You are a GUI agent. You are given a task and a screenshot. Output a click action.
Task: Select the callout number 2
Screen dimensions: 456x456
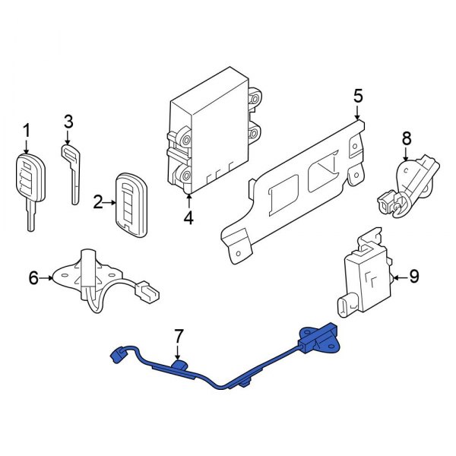tap(98, 202)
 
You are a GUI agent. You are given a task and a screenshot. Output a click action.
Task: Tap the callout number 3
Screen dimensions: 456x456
tap(68, 121)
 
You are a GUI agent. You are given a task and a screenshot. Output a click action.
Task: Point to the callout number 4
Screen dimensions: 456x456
tap(188, 218)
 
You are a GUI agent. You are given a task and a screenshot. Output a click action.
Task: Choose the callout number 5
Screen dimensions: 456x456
tap(359, 97)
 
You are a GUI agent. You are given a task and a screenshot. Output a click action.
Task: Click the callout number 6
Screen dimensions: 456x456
tap(33, 279)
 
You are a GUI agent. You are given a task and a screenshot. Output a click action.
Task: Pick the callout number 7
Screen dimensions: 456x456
tap(178, 334)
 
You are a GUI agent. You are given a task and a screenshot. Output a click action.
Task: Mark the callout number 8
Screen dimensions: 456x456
tap(406, 138)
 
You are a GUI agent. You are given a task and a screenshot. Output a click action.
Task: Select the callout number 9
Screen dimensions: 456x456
tap(413, 277)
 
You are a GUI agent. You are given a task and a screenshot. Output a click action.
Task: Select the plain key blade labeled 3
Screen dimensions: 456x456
tap(72, 173)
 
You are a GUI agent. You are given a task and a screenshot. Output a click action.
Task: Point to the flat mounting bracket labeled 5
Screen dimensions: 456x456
tap(293, 186)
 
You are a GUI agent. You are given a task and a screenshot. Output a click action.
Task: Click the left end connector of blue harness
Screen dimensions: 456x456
tap(118, 353)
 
